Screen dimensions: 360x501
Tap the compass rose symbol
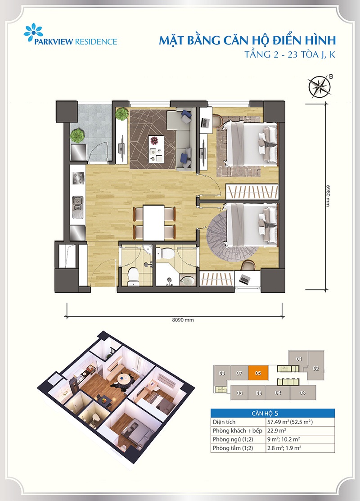pyautogui.click(x=319, y=86)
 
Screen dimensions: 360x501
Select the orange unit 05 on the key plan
pyautogui.click(x=258, y=373)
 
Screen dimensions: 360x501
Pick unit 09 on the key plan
pyautogui.click(x=222, y=373)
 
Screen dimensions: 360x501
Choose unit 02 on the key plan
pyautogui.click(x=316, y=368)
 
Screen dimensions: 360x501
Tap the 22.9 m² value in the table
pyautogui.click(x=277, y=430)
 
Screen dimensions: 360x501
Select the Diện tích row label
pyautogui.click(x=224, y=422)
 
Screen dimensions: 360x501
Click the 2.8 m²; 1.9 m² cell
pyautogui.click(x=284, y=448)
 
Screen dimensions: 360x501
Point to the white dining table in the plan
pyautogui.click(x=153, y=222)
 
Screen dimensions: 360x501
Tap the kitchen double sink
pyautogui.click(x=77, y=207)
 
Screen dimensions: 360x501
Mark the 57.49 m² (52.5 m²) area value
pyautogui.click(x=290, y=422)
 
